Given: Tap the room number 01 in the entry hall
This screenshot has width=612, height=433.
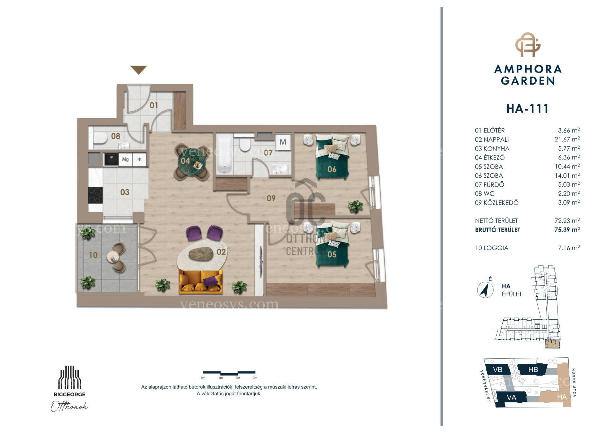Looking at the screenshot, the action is (x=154, y=105).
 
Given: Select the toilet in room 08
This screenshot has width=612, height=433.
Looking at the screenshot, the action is (x=100, y=138).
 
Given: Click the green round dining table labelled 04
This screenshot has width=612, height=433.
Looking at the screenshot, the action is (x=191, y=161).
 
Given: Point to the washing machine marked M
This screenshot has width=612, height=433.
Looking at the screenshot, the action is (x=283, y=142).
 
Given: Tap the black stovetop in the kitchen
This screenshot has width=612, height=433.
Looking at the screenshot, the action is (x=95, y=195).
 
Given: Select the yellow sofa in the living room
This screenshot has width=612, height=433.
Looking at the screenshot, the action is (x=201, y=281).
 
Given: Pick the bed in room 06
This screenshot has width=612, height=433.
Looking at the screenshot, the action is (x=332, y=157).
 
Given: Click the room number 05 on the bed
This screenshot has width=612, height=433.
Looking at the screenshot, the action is (x=332, y=254).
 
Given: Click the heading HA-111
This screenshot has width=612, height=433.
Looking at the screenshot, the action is (x=528, y=109).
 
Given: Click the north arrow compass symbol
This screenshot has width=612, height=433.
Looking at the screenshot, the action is (x=485, y=290).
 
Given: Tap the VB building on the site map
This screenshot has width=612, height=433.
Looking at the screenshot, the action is (x=498, y=370).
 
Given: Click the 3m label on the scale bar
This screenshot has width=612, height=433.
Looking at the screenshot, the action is (x=255, y=378).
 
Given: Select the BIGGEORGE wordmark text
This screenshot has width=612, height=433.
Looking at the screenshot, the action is (x=69, y=394).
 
